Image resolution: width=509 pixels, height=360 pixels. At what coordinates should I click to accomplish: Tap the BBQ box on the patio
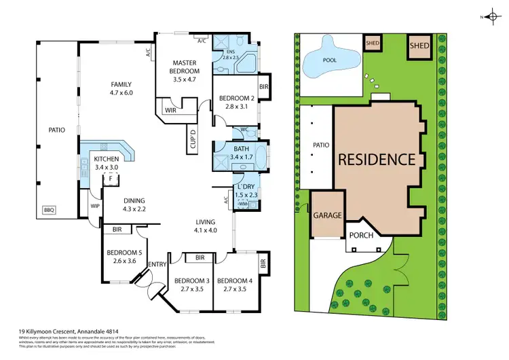pos(50,210)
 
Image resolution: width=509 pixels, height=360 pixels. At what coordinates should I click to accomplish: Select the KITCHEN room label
pos(105,160)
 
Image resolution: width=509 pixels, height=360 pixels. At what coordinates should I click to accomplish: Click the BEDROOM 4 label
pos(233,280)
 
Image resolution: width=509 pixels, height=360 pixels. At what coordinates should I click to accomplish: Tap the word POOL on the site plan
pos(330,60)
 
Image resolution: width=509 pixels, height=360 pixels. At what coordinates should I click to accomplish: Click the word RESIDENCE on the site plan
pos(377,160)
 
